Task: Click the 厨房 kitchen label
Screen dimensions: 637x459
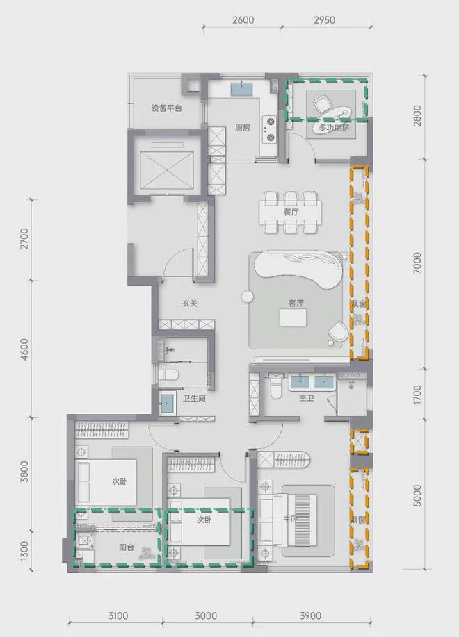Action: [243, 127]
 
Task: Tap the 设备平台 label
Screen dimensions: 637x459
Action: [167, 108]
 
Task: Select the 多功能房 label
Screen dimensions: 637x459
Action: [333, 129]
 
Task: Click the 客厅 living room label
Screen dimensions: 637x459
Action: [296, 303]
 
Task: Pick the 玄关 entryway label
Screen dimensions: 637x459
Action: [191, 303]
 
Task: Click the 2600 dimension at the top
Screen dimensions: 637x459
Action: [243, 20]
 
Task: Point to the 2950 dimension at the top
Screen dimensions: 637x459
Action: [324, 20]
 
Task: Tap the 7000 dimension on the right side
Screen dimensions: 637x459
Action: [418, 263]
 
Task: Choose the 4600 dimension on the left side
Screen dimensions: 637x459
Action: [26, 347]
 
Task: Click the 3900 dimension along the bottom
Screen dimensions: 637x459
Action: [310, 615]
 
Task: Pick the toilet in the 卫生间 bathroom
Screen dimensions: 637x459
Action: [169, 375]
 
